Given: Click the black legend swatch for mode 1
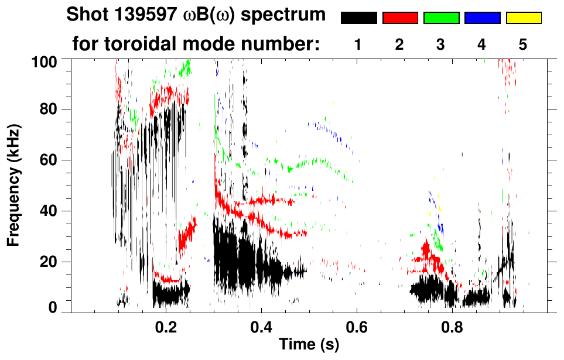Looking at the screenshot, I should (359, 18).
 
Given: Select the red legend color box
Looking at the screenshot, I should (400, 18).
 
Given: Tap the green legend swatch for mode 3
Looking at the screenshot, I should (441, 18).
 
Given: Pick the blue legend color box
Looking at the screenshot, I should (482, 18).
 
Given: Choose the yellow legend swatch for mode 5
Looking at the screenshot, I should (523, 18).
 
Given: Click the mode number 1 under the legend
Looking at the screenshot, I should (358, 44).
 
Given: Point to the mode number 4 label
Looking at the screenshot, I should (482, 44).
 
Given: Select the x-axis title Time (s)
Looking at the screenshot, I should (309, 345).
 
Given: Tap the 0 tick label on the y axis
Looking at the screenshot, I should (52, 308).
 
